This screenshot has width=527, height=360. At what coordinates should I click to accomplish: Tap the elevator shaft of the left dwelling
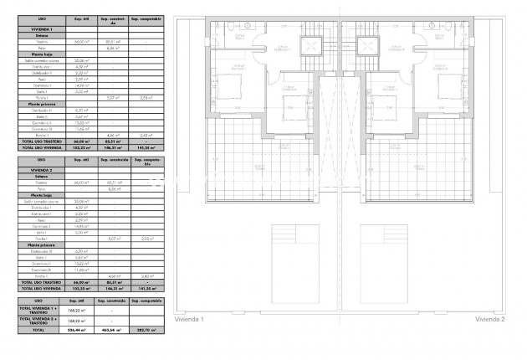(311, 45)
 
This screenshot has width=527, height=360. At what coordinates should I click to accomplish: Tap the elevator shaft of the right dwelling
(366, 45)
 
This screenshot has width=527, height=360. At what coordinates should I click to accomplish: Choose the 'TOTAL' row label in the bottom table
(39, 330)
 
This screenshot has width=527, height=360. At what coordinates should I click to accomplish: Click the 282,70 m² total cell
(146, 330)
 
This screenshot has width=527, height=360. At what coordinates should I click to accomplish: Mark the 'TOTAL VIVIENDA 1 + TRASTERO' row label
(39, 309)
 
